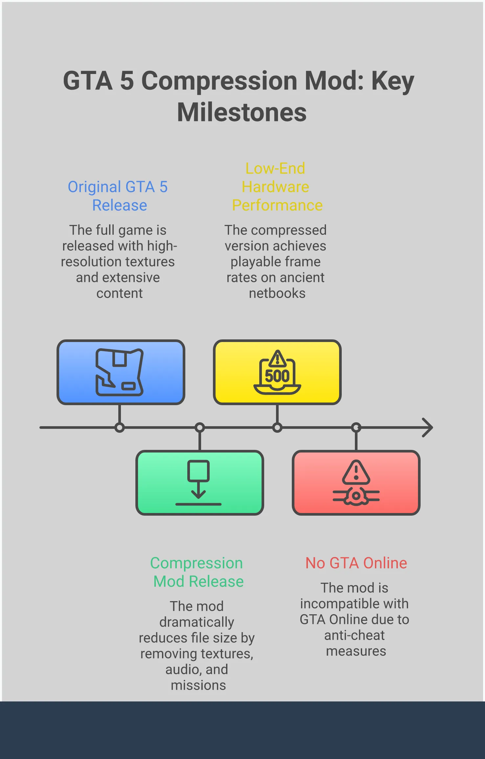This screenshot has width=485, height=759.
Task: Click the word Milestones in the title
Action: click(242, 112)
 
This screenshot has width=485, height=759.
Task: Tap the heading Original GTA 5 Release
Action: click(118, 196)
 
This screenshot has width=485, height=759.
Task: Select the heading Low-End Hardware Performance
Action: click(277, 187)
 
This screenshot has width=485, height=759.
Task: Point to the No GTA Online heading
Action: click(356, 563)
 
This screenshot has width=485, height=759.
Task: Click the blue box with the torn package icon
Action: click(121, 372)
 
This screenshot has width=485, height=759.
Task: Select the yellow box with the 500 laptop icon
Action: click(277, 372)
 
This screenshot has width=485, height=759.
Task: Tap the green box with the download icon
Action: click(199, 482)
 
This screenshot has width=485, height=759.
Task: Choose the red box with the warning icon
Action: click(356, 482)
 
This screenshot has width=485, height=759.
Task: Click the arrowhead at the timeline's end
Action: click(428, 428)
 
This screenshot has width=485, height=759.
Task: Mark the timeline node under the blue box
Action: click(120, 428)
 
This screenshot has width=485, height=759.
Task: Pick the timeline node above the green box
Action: click(199, 428)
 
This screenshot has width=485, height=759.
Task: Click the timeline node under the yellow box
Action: click(277, 428)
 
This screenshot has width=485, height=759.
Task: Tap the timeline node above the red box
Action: click(356, 428)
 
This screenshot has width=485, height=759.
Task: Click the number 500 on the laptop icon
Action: click(277, 376)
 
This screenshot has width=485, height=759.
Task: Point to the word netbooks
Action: click(277, 293)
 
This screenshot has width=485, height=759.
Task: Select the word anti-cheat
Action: click(354, 635)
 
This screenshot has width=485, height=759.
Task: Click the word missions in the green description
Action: click(198, 685)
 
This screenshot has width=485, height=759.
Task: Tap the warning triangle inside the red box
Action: click(356, 473)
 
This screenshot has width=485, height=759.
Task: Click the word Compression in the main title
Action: click(219, 81)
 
